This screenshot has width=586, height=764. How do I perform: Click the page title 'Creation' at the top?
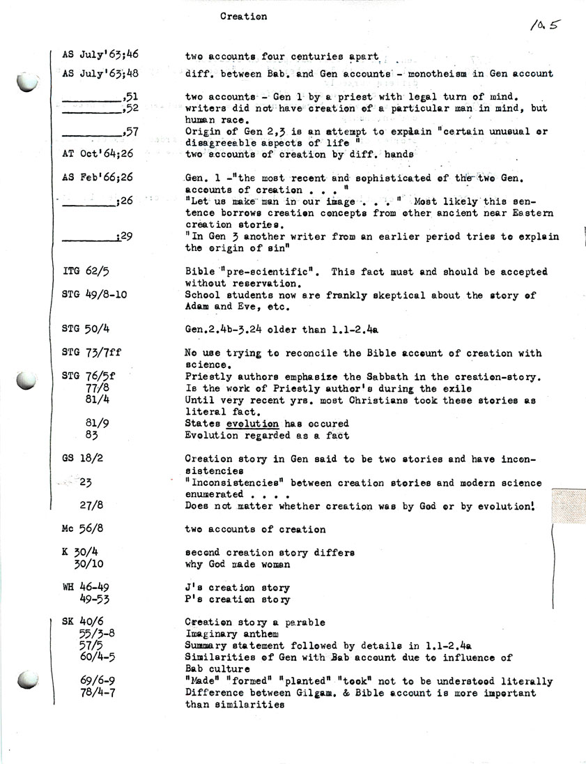(x=243, y=16)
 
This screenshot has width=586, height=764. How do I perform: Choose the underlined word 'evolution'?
(x=252, y=423)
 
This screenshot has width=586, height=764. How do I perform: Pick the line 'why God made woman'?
(x=238, y=564)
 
